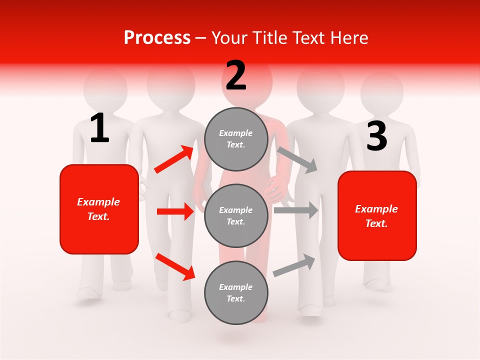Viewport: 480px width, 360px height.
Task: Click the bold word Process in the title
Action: (157, 37)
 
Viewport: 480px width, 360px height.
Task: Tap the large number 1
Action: (99, 128)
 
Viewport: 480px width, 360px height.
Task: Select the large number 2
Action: (236, 75)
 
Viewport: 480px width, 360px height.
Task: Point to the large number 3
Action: (376, 136)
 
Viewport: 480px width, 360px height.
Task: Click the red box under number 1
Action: (99, 209)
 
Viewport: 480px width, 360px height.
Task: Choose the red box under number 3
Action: (377, 216)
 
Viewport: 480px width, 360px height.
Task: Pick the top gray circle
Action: (236, 139)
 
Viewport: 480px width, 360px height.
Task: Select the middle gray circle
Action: (236, 215)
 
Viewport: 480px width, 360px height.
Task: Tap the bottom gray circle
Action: (236, 292)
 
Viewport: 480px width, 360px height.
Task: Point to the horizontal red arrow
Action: (175, 211)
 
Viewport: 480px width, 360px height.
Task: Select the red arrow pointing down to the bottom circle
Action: (175, 266)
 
